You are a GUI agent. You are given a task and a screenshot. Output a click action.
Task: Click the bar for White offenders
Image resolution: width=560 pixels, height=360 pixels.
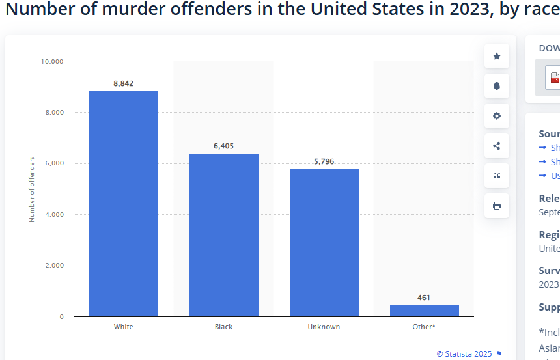pyautogui.click(x=124, y=204)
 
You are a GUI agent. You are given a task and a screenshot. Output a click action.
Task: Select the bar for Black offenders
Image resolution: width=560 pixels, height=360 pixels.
pyautogui.click(x=224, y=235)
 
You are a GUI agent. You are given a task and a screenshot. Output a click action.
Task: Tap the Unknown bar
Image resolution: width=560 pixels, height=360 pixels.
pyautogui.click(x=324, y=243)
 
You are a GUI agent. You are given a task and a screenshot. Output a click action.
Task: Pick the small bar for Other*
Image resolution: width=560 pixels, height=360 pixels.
pyautogui.click(x=424, y=311)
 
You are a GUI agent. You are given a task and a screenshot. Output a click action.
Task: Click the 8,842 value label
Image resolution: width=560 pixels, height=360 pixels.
pyautogui.click(x=123, y=83)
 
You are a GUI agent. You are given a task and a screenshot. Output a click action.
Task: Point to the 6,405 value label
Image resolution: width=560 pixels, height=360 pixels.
pyautogui.click(x=223, y=146)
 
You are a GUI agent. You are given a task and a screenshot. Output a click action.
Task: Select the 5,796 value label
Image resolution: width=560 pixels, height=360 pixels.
pyautogui.click(x=324, y=161)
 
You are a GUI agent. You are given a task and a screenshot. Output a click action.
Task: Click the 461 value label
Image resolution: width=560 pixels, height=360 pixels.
pyautogui.click(x=424, y=298)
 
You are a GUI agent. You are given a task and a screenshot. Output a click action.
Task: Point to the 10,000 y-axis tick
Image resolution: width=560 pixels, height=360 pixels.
pyautogui.click(x=52, y=61)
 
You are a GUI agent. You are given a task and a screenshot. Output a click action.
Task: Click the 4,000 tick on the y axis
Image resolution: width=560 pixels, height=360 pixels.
pyautogui.click(x=53, y=214)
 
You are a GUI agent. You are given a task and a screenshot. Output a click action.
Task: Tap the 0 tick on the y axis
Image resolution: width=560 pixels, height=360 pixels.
pyautogui.click(x=62, y=317)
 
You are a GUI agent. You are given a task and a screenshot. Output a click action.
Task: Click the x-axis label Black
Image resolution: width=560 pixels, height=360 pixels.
pyautogui.click(x=223, y=327)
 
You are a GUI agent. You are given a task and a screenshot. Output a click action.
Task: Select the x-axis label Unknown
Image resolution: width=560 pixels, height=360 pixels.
pyautogui.click(x=324, y=327)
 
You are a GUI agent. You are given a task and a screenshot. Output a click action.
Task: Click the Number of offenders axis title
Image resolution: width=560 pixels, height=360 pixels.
pyautogui.click(x=32, y=189)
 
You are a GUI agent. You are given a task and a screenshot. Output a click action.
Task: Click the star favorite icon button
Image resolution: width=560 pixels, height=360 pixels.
pyautogui.click(x=497, y=56)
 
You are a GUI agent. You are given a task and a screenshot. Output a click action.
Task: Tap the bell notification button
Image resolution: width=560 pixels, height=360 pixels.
pyautogui.click(x=497, y=86)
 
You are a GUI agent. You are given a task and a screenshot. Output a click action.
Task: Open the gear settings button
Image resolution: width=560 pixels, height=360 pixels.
pyautogui.click(x=497, y=116)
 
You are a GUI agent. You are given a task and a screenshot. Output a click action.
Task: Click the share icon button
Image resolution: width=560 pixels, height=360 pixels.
pyautogui.click(x=497, y=146)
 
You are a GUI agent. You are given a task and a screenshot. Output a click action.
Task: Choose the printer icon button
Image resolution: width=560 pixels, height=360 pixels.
pyautogui.click(x=497, y=206)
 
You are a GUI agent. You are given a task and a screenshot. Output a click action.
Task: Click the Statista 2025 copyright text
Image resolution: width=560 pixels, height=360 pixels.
pyautogui.click(x=464, y=354)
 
